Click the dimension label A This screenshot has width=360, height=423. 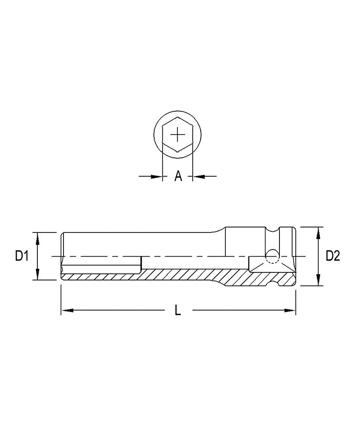(178, 176)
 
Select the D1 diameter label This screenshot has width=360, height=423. (22, 256)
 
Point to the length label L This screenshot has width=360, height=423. (178, 310)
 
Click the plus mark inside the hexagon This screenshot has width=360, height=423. (179, 134)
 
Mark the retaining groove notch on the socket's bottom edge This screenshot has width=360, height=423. (274, 282)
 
